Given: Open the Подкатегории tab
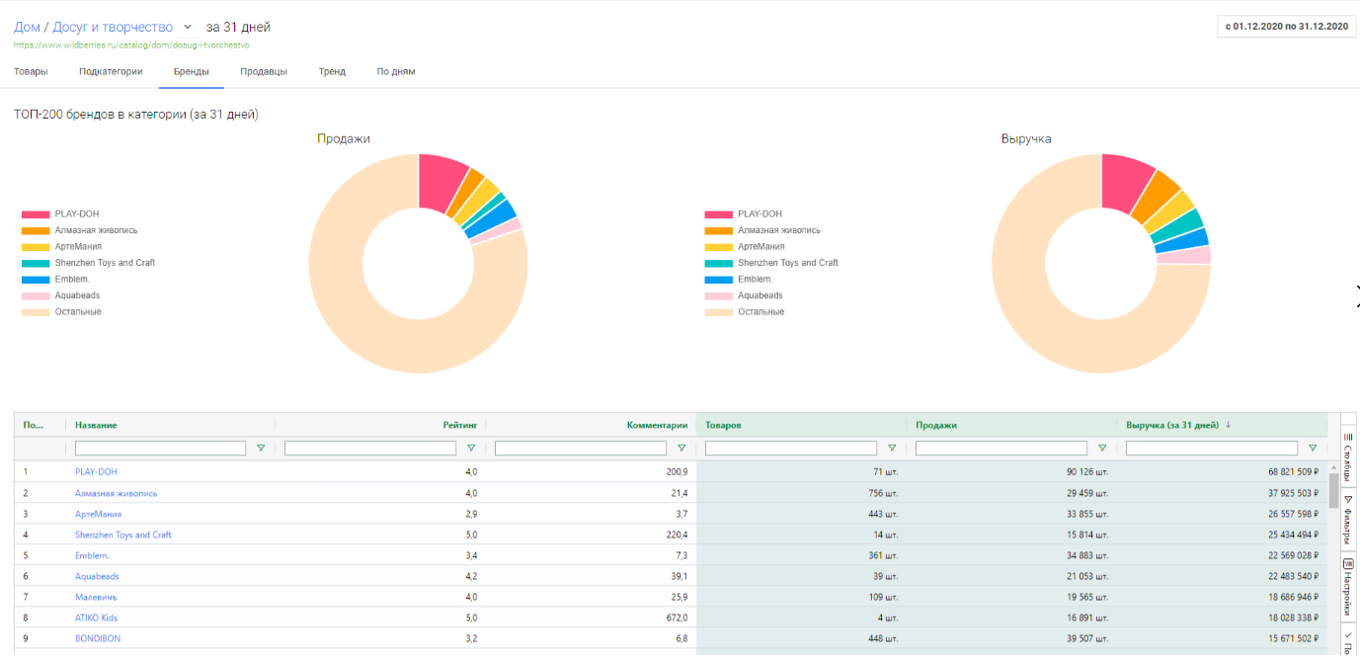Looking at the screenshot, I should (x=111, y=72).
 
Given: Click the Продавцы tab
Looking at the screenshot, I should (x=264, y=72).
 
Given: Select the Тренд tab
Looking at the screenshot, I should (x=332, y=72).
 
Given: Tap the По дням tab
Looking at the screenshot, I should (x=395, y=72).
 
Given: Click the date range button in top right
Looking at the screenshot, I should (x=1286, y=27).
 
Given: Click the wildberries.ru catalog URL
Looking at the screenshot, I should (x=131, y=45).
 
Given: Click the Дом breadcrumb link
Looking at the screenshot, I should (x=27, y=27).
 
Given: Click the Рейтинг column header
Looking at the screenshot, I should (x=459, y=425).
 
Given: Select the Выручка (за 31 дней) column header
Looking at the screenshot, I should (x=1171, y=425).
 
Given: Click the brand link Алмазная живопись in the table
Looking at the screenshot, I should (x=116, y=493).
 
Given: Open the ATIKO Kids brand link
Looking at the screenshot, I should (x=96, y=618).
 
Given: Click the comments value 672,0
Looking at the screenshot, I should (x=676, y=618).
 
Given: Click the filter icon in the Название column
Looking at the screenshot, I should (x=261, y=449).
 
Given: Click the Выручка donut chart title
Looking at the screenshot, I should (x=1026, y=139).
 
